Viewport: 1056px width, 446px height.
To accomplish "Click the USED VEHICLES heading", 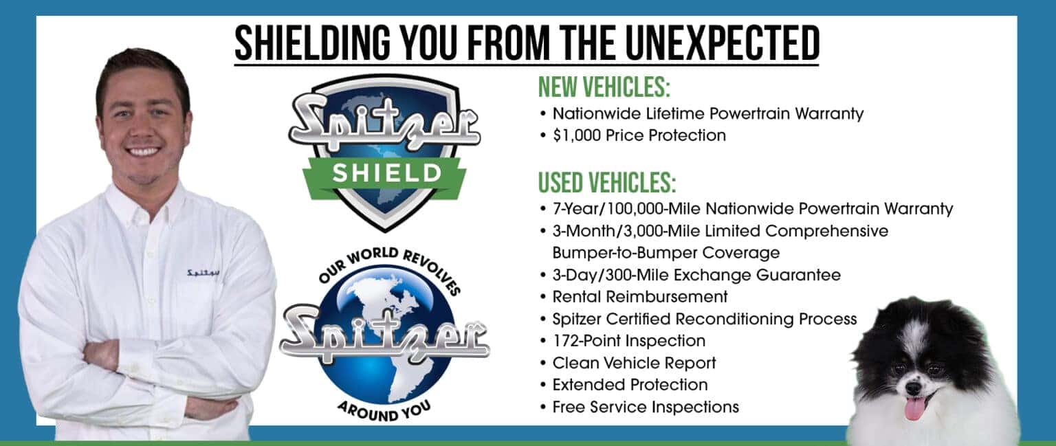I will pos(607,183).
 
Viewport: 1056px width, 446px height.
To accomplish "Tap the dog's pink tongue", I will pos(914,408).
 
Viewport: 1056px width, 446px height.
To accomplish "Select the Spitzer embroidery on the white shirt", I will pos(203,274).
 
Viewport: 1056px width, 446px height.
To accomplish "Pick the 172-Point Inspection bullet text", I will pos(628,341).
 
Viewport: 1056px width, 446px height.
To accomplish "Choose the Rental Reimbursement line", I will pos(639,297).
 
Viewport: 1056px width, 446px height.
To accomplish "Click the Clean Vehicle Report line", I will pos(634,363).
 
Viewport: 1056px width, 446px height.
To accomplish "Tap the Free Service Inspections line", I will pos(645,407).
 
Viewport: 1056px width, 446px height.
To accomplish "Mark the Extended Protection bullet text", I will pos(630,385).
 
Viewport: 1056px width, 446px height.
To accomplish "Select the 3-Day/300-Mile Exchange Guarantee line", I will pos(696,275).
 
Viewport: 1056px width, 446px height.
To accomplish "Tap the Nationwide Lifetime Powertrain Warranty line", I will pos(707,113).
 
